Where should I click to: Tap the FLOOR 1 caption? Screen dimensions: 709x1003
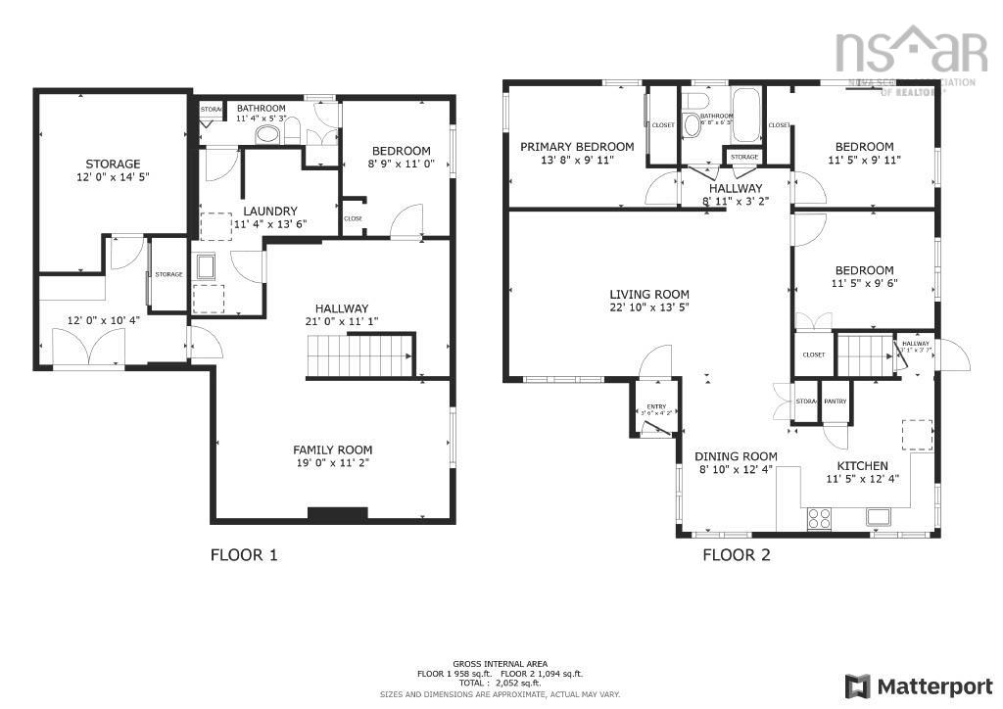244,555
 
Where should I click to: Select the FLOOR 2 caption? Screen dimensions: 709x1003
736,555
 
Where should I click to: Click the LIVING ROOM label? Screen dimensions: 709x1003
648,294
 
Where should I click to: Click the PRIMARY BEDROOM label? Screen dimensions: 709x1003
576,147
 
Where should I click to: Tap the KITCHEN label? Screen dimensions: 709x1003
862,465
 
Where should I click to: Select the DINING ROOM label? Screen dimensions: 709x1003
736,456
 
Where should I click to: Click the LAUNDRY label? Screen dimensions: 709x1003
269,211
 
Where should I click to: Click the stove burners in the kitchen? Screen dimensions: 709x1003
819,519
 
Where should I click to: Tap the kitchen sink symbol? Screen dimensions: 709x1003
876,517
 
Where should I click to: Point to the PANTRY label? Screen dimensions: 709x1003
835,401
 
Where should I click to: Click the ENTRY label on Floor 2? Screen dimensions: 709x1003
655,407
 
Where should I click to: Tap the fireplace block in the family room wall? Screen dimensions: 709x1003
337,513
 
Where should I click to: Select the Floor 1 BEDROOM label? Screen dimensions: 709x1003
401,151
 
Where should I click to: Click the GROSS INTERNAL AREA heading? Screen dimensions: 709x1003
501,663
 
